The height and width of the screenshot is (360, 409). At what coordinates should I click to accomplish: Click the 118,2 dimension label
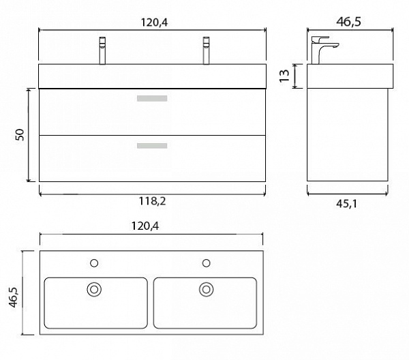click(x=152, y=201)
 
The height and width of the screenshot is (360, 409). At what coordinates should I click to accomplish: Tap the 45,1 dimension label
click(x=347, y=203)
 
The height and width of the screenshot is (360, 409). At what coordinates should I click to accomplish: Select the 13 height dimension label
click(x=284, y=76)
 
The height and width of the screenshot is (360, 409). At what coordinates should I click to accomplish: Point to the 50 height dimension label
click(x=20, y=135)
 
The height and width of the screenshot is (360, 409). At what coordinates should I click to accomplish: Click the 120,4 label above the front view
click(x=155, y=22)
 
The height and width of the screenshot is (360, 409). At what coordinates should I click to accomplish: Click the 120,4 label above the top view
click(x=145, y=226)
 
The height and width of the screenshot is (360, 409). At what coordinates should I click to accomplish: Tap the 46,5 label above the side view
click(x=349, y=22)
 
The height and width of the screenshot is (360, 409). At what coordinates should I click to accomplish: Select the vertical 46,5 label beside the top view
click(x=14, y=297)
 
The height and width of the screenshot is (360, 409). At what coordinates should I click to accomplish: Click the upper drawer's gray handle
click(x=152, y=98)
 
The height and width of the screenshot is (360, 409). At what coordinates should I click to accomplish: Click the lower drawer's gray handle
click(x=152, y=145)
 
